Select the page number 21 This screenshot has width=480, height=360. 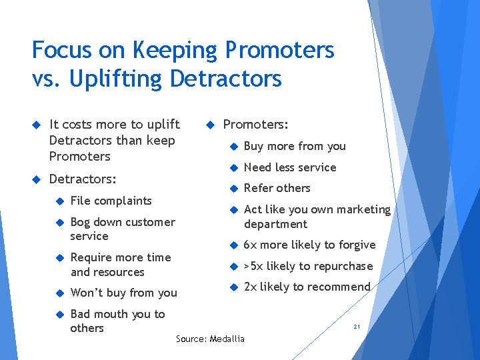click(357, 327)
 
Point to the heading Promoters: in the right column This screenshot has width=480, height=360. click(255, 125)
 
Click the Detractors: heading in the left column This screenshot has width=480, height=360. click(83, 179)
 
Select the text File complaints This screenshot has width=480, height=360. click(111, 201)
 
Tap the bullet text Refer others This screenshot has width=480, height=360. click(277, 188)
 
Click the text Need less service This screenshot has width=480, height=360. click(290, 167)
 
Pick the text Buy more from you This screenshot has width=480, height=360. click(295, 146)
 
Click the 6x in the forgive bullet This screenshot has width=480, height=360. click(251, 245)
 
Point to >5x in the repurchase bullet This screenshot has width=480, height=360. click(253, 266)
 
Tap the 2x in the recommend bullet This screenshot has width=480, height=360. click(251, 287)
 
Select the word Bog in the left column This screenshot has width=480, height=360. click(80, 223)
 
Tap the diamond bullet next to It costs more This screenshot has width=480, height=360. click(37, 125)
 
